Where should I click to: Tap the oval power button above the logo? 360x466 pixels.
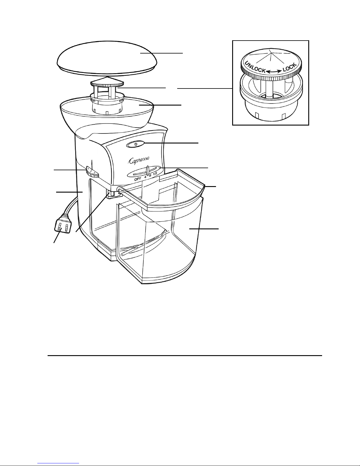point(136,144)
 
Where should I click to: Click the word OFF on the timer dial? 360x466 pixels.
point(138,179)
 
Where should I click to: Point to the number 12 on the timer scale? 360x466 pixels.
point(155,173)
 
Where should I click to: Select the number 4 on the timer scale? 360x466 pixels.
point(145,177)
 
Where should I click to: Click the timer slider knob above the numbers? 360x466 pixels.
point(148,171)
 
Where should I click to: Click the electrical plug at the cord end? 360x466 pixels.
point(62,227)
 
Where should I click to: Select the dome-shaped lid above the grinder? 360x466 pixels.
point(107,59)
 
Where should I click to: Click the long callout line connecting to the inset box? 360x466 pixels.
point(205,88)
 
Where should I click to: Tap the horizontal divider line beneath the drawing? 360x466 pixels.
point(185,355)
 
